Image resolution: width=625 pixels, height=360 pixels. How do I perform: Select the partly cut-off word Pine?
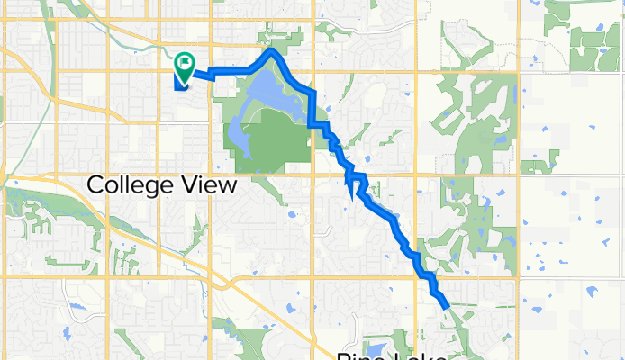pyautogui.click(x=358, y=355)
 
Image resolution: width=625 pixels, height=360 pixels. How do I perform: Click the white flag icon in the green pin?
pyautogui.click(x=186, y=63)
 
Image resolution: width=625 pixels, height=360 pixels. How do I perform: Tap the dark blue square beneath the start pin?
pyautogui.click(x=179, y=79)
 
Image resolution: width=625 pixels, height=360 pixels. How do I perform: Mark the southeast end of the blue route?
pyautogui.click(x=447, y=306)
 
